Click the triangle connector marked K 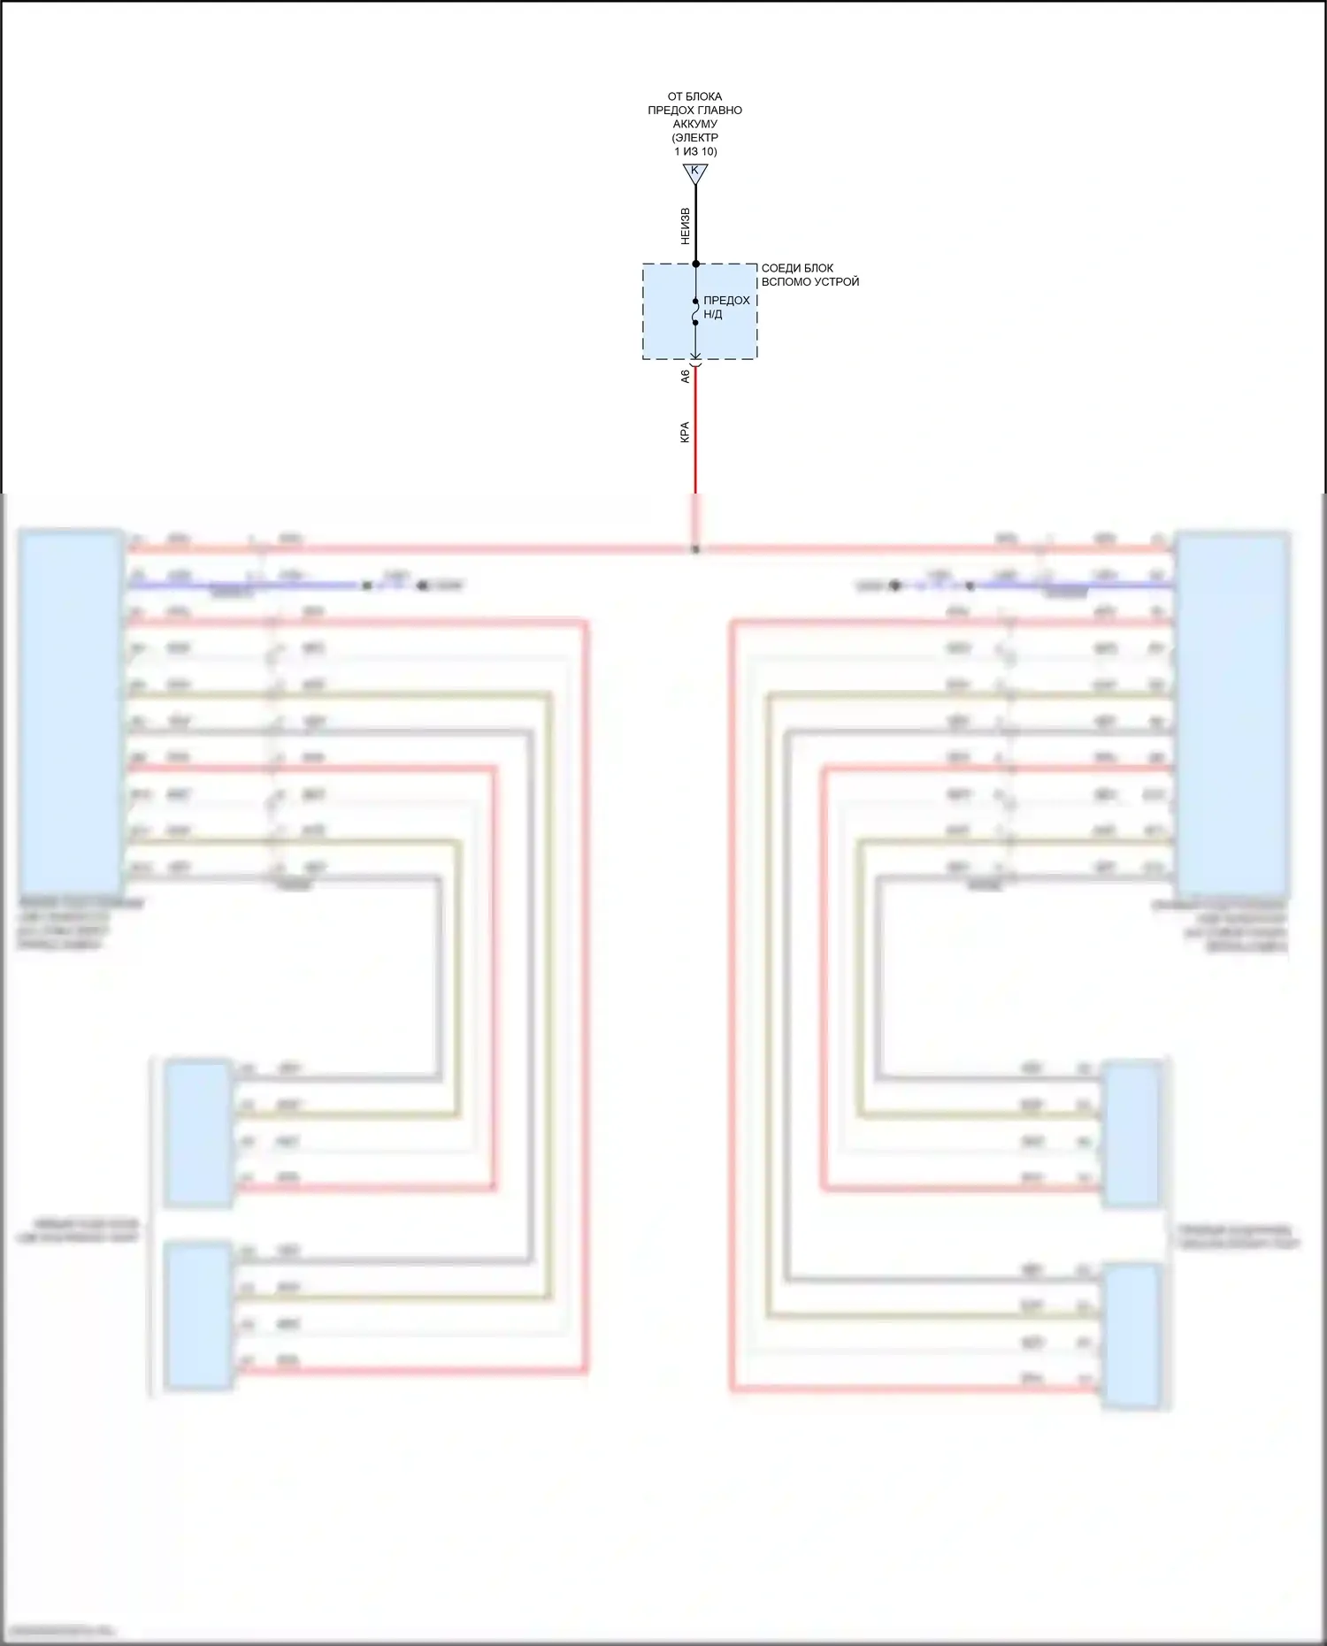tap(695, 173)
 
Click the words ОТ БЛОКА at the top tap(694, 96)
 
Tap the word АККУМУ tap(694, 124)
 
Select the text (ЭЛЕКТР tap(694, 138)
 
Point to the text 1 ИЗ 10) tap(695, 151)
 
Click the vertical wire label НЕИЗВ tap(685, 226)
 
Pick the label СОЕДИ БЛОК tap(797, 268)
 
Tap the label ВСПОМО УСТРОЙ tap(810, 282)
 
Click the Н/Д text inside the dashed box tap(712, 314)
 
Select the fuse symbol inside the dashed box tap(695, 311)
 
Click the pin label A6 tap(685, 376)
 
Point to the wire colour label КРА tap(685, 432)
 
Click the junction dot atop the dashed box tap(695, 264)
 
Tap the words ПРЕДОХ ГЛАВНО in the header tap(694, 111)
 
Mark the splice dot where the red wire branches tap(695, 549)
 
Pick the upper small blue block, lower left tap(199, 1133)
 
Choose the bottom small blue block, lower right tap(1131, 1336)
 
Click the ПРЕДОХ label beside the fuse tap(726, 301)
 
